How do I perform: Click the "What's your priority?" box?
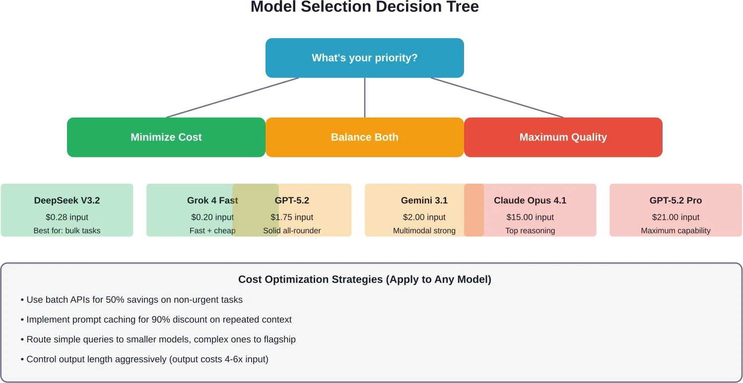point(364,58)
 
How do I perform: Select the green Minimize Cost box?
point(166,137)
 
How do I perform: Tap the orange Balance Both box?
point(364,137)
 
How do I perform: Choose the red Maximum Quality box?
point(563,137)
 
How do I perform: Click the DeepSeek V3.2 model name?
point(67,200)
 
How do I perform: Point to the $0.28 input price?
point(67,217)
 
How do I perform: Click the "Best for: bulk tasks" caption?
point(67,231)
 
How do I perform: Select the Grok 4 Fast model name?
point(212,200)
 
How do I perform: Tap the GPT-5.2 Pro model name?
point(675,200)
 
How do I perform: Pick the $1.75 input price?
point(292,217)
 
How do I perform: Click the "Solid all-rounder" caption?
point(292,231)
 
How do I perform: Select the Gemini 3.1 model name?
point(424,200)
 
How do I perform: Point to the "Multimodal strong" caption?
point(424,231)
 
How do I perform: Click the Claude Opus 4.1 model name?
point(530,200)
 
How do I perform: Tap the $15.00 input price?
point(530,217)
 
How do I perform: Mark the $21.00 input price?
point(675,217)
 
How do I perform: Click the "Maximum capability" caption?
point(675,231)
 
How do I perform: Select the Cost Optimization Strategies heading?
point(364,279)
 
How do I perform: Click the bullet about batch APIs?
point(132,300)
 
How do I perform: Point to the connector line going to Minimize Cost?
point(233,97)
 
